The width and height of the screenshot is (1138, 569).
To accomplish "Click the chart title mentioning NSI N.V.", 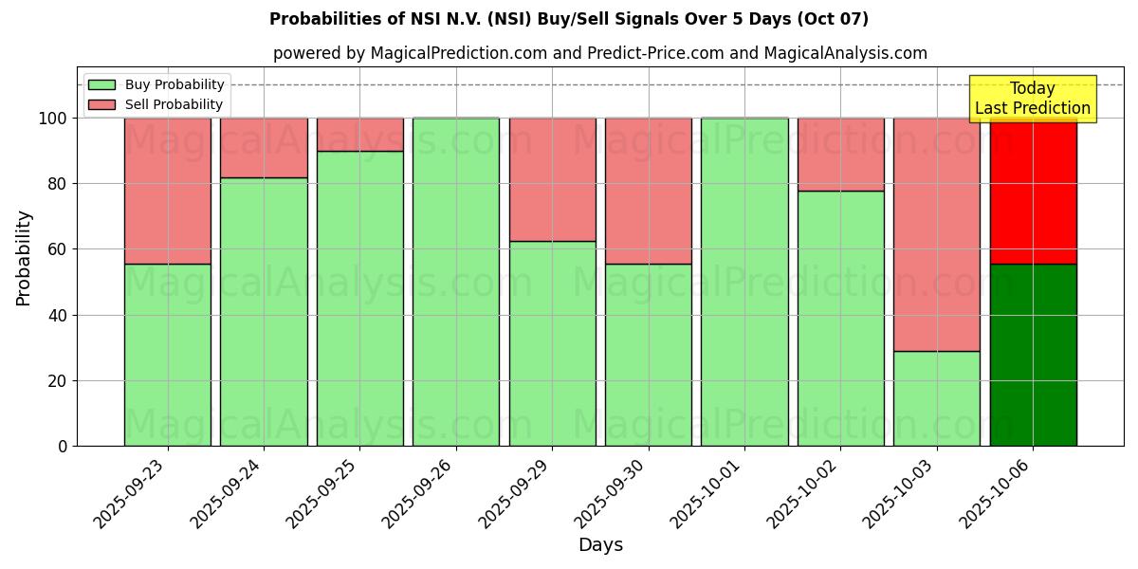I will coord(568,19).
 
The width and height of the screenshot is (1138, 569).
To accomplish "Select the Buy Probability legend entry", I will coord(175,84).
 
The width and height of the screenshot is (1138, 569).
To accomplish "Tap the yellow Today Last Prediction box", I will coord(1033,99).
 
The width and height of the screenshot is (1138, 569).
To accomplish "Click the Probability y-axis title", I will coord(24,258).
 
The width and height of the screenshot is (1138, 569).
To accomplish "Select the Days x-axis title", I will coord(600,545).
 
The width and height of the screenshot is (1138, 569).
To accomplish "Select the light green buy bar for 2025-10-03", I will coord(937,398).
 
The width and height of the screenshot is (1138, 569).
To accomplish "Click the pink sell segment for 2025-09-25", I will coord(360,135).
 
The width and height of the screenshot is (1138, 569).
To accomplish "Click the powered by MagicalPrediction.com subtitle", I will coord(600,53).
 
